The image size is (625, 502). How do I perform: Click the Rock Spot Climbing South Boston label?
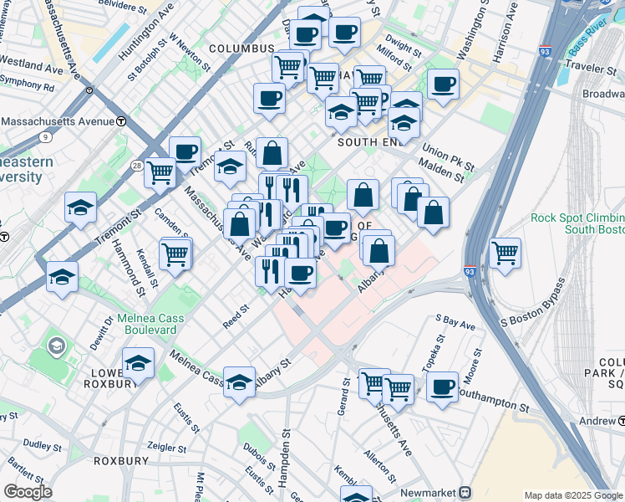(577, 223)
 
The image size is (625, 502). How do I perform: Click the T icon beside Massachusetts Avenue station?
(121, 121)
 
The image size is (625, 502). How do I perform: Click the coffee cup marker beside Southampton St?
(442, 387)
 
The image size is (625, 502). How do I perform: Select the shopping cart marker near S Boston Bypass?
(505, 252)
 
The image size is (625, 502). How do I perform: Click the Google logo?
(28, 492)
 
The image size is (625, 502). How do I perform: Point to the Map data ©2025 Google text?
(573, 495)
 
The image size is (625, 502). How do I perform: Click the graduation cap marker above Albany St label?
(239, 381)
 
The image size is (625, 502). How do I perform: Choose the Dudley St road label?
(38, 444)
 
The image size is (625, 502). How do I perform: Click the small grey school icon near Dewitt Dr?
(56, 345)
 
